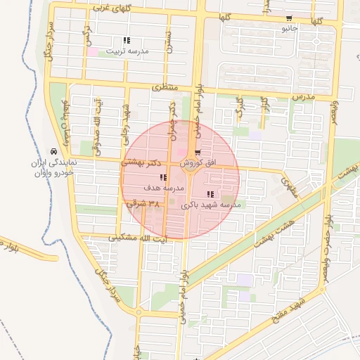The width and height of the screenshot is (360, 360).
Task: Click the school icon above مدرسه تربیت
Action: click(x=127, y=40)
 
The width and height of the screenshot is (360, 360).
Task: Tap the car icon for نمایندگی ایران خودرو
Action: click(x=53, y=151)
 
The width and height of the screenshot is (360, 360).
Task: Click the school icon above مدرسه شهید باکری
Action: click(x=210, y=194)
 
